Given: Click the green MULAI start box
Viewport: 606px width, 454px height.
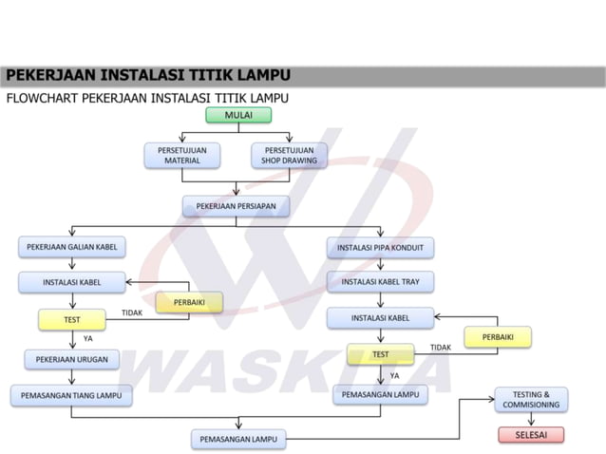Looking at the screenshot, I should pyautogui.click(x=238, y=115).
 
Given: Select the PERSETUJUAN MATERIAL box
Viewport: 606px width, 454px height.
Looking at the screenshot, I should pyautogui.click(x=182, y=156).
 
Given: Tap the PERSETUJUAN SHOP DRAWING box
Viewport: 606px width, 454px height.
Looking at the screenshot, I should pyautogui.click(x=290, y=156).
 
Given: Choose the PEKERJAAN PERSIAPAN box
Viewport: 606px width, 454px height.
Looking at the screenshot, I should pyautogui.click(x=236, y=205).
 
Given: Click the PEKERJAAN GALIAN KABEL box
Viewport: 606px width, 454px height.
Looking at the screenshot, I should pyautogui.click(x=71, y=247).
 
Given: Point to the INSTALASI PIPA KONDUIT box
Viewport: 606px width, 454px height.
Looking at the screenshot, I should pyautogui.click(x=380, y=248).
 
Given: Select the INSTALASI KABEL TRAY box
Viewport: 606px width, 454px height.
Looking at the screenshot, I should pyautogui.click(x=380, y=281).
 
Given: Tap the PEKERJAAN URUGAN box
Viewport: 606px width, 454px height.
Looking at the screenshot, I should pyautogui.click(x=72, y=359).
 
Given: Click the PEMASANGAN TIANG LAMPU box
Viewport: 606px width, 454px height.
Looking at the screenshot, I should pyautogui.click(x=72, y=393).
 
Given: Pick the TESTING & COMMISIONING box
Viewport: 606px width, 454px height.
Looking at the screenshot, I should pyautogui.click(x=530, y=399).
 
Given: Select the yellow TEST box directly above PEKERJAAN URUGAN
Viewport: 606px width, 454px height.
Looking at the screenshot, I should pyautogui.click(x=72, y=320).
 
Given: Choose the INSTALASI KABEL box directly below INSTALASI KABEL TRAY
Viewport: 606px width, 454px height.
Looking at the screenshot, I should pyautogui.click(x=380, y=317).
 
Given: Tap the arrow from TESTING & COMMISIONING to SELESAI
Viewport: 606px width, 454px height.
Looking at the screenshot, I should pyautogui.click(x=530, y=419).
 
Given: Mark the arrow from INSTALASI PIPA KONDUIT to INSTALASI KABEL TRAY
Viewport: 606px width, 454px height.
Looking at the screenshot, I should pyautogui.click(x=380, y=265).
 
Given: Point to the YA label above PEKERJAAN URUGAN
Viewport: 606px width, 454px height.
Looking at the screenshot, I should pyautogui.click(x=88, y=338).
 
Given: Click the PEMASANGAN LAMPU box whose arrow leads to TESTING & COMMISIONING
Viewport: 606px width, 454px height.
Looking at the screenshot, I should pyautogui.click(x=238, y=439).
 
